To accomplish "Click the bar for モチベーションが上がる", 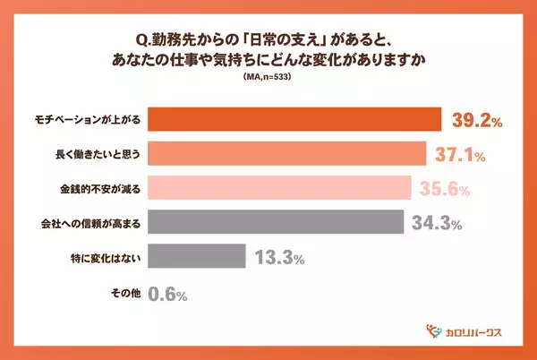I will tap(294, 120).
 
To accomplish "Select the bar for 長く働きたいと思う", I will tap(286, 154).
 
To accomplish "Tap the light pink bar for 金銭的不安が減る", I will tap(278, 188).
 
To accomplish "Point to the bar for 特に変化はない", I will tap(195, 256).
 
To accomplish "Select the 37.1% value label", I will tap(460, 155).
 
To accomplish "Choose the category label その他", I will tap(124, 291).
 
